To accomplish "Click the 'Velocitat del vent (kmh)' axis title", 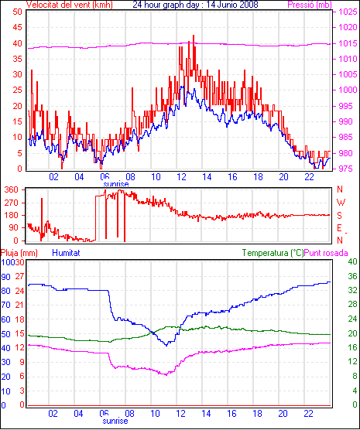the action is pos(70,5).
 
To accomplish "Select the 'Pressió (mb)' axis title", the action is pos(310,5).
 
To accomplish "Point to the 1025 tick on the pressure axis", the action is pos(348,12).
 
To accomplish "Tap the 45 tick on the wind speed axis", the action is pos(18,27).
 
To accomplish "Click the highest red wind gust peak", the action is pos(194,36).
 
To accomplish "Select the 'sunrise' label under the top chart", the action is pos(116,184).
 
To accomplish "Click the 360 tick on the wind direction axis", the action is pos(12,189).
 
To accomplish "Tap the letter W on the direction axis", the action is pos(341,203).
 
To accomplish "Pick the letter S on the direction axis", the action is pos(340,216).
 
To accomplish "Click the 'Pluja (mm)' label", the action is pos(19,253).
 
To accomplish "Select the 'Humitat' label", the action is pos(66,253).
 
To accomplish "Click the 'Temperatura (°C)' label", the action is pos(273,253).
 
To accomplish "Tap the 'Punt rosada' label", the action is pos(326,253).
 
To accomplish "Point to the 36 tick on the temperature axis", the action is pos(352,276).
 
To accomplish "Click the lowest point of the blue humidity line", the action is pos(166,346).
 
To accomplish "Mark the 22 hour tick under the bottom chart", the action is pos(309,413).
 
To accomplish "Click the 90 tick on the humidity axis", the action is pos(5,277).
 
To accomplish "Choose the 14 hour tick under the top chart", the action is pos(207,177).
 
